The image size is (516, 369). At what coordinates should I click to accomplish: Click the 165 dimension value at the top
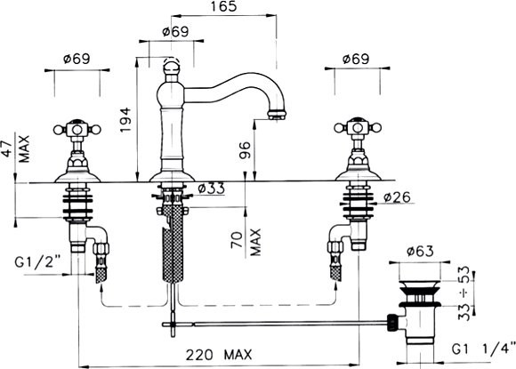[222, 6]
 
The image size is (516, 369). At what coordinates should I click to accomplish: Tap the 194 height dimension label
[125, 120]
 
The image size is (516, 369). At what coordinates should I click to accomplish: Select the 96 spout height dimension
[245, 149]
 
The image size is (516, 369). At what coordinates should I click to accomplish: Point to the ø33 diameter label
[212, 189]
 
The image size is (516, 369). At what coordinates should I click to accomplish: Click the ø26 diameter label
[397, 197]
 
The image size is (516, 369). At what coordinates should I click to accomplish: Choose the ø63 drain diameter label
[420, 252]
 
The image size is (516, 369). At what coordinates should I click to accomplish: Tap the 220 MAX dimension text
[219, 355]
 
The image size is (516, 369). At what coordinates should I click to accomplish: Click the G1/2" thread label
[38, 262]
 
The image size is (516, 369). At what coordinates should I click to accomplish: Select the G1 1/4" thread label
[483, 349]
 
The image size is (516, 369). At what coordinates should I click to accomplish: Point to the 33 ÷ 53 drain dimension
[464, 293]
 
